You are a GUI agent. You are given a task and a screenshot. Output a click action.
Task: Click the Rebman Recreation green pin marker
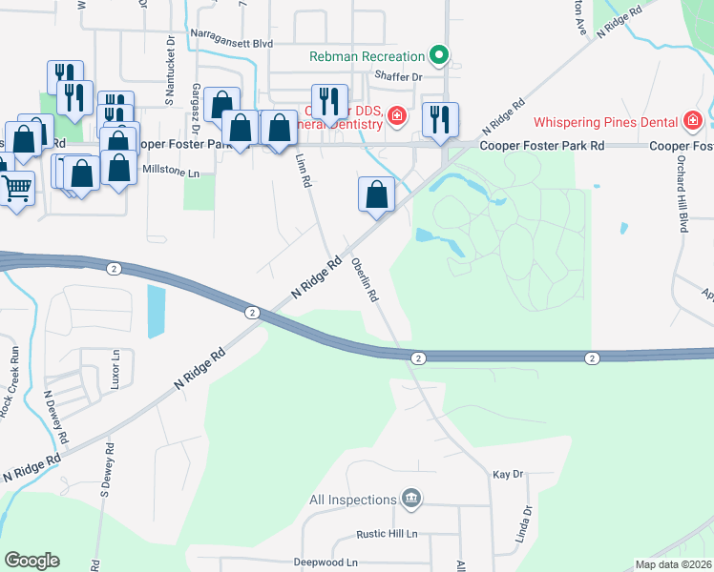pyautogui.click(x=438, y=55)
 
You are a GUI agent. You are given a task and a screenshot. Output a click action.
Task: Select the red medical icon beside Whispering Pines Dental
pyautogui.click(x=692, y=121)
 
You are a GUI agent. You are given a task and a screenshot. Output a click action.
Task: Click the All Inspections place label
pyautogui.click(x=353, y=500)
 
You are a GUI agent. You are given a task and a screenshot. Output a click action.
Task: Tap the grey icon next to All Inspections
pyautogui.click(x=411, y=499)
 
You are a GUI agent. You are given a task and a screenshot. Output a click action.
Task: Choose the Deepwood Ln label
pyautogui.click(x=325, y=562)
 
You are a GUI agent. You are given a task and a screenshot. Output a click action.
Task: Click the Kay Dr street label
pyautogui.click(x=509, y=474)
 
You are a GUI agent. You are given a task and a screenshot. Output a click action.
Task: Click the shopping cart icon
pyautogui.click(x=16, y=188)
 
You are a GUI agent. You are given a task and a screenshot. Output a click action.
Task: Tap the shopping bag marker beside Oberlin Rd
pyautogui.click(x=377, y=194)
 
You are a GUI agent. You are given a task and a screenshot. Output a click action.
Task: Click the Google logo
pyautogui.click(x=31, y=561)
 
